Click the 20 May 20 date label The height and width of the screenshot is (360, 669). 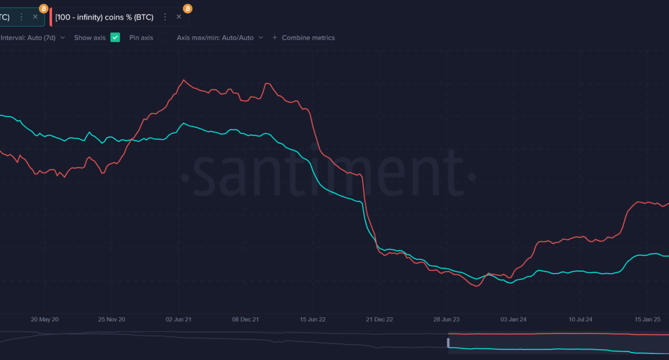[45, 319]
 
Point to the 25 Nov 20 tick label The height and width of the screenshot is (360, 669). [112, 319]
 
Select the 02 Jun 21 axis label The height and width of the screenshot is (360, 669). [179, 319]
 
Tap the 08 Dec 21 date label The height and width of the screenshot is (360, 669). [245, 319]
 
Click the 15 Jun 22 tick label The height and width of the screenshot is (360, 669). [312, 319]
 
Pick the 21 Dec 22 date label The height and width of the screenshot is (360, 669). [379, 319]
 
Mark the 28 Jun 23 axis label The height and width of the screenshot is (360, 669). [446, 319]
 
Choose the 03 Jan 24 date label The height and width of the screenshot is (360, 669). [513, 319]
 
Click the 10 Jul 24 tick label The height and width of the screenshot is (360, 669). [580, 319]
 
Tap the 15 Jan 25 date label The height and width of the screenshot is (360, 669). [647, 319]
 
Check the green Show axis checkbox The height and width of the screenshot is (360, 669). [115, 38]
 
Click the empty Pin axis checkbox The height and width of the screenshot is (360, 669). [162, 38]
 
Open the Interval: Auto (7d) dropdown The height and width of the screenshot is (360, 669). [33, 38]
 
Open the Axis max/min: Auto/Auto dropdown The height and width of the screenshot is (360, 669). [220, 38]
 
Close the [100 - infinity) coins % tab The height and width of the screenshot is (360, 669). [179, 17]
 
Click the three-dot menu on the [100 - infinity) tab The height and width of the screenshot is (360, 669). [165, 17]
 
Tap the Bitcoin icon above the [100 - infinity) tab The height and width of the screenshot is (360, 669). [188, 9]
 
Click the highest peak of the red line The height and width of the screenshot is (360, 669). [184, 80]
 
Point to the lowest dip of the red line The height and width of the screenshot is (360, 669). [477, 286]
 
